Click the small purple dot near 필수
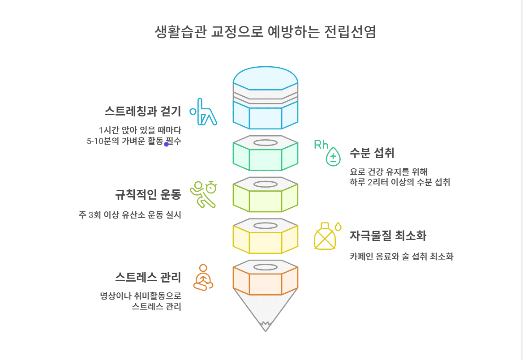coord(166,144)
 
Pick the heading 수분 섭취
coord(372,153)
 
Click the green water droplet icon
coord(333,157)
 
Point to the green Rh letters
coord(321,145)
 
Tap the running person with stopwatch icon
coord(203,193)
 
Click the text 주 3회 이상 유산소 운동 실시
coord(129,215)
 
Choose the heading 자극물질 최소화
coord(388,236)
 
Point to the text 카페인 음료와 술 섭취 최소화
coord(401,257)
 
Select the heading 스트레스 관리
coord(148,277)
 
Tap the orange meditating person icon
coord(203,278)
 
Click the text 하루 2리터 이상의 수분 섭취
coord(399,182)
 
